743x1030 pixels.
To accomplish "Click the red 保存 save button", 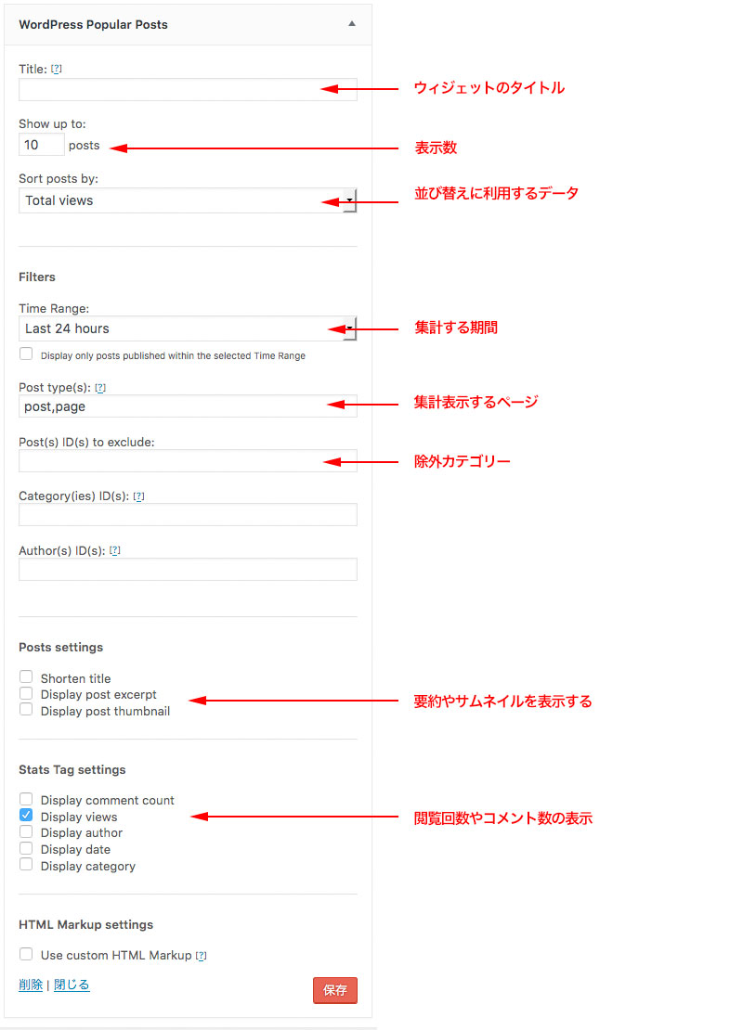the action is click(334, 990).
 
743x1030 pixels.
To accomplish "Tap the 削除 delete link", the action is click(31, 984).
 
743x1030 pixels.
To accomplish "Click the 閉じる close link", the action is click(71, 984).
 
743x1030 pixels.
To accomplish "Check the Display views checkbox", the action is click(26, 816).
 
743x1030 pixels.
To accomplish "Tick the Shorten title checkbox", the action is click(26, 676).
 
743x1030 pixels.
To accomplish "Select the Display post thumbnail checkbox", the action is click(26, 710).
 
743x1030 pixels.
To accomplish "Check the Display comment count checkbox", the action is click(26, 799).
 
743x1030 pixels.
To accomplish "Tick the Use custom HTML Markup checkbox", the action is click(26, 954).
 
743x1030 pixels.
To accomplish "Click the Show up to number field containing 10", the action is click(42, 145).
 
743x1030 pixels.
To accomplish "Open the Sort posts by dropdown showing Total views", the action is click(188, 200).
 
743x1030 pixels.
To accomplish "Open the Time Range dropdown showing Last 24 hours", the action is click(188, 328).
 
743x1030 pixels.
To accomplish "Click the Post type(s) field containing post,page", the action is click(188, 406).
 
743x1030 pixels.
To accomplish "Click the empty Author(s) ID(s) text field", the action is click(188, 569).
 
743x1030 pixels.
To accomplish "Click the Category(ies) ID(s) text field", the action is click(188, 514).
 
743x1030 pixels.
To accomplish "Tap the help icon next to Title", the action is click(57, 69).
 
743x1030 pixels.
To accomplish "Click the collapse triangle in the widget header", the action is click(352, 23).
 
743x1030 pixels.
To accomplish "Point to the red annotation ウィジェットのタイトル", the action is click(489, 88).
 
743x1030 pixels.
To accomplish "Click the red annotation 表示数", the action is click(436, 148).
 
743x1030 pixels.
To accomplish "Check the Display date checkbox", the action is click(26, 848).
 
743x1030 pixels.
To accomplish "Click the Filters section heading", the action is click(37, 277).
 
